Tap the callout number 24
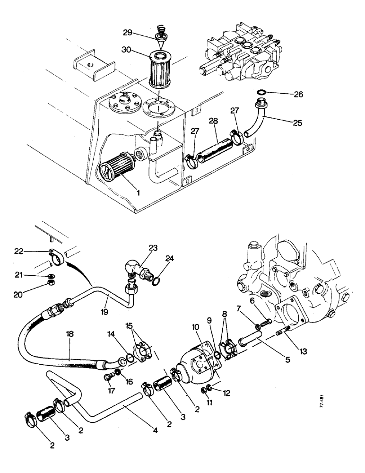pyautogui.click(x=169, y=259)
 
